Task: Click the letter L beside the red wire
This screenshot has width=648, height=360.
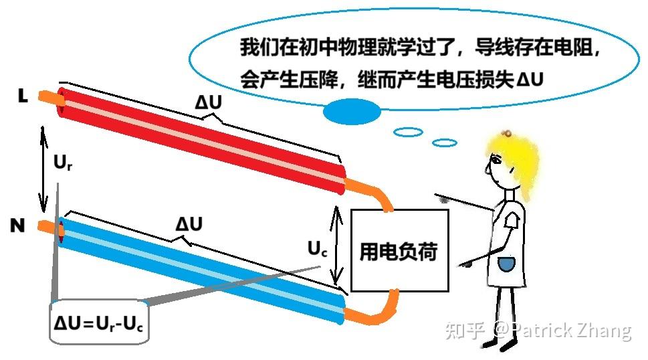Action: click(x=23, y=97)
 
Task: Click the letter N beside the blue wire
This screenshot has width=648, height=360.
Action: click(x=17, y=226)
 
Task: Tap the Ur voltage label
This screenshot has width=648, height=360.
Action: click(x=62, y=163)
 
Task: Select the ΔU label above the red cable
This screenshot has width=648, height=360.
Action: click(x=209, y=103)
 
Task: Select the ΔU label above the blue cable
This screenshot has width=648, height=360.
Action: click(x=189, y=225)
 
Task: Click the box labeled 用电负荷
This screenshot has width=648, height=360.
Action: click(x=399, y=250)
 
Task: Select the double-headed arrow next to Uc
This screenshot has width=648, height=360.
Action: click(x=338, y=244)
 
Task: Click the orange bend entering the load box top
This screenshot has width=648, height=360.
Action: click(x=380, y=196)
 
